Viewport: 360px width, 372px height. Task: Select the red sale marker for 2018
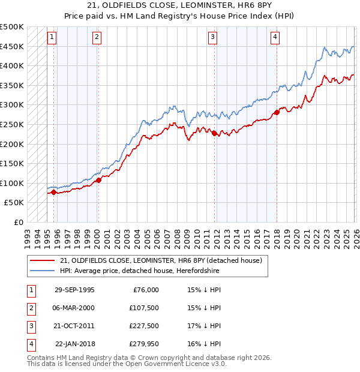coord(277,112)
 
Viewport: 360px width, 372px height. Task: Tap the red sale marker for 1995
coord(54,192)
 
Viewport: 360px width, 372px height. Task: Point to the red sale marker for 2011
coord(214,133)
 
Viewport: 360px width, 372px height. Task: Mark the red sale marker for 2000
coord(98,180)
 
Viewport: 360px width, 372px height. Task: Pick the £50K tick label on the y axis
coord(14,203)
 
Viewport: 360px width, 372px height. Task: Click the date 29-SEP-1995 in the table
coord(74,290)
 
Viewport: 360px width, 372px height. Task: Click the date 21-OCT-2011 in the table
coord(74,326)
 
